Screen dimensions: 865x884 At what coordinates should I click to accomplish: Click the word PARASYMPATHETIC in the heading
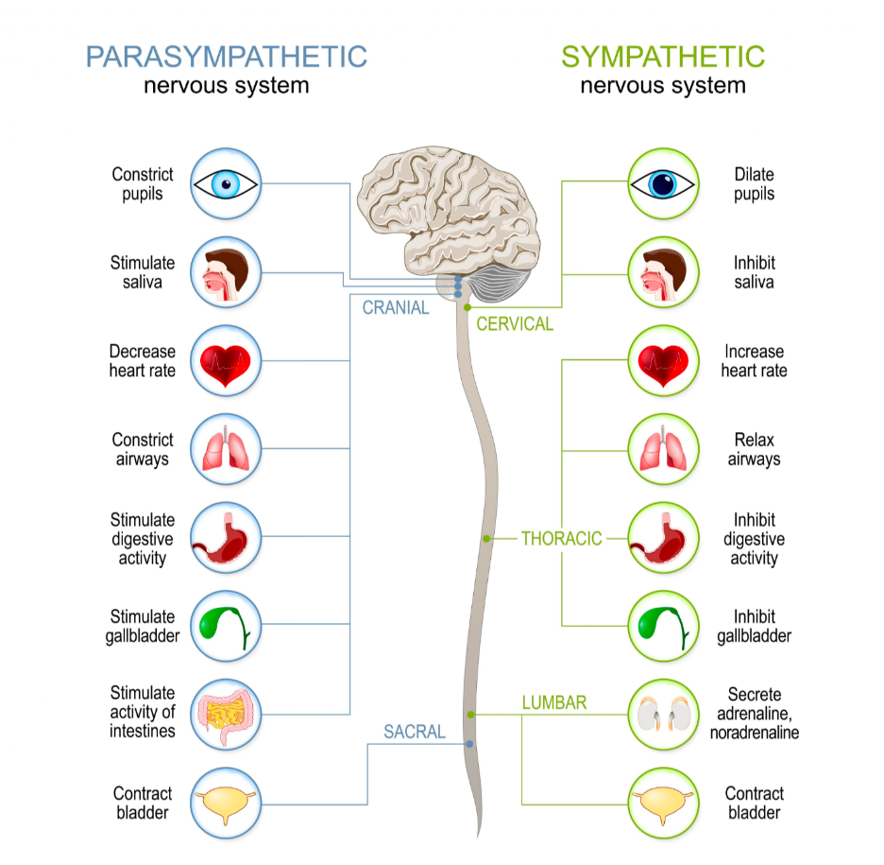[x=226, y=56]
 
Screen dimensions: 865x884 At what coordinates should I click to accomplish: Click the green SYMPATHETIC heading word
[x=663, y=56]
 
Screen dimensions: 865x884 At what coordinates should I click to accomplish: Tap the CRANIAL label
[x=396, y=307]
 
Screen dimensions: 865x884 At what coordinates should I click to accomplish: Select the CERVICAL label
[x=515, y=324]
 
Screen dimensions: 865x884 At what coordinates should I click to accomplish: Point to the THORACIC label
[x=561, y=539]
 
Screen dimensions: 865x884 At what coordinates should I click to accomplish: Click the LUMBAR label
[x=554, y=702]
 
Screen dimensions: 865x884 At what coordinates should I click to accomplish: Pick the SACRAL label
[x=415, y=731]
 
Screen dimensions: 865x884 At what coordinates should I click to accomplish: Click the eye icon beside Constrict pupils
[x=225, y=183]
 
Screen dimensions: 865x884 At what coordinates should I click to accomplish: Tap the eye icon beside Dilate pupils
[x=664, y=183]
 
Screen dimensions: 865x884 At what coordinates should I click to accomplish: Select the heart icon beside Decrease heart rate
[x=225, y=361]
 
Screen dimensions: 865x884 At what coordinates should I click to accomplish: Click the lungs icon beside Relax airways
[x=664, y=450]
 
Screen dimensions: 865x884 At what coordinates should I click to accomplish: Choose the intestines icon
[x=225, y=715]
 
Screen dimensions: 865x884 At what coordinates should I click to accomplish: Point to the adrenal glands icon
[x=664, y=715]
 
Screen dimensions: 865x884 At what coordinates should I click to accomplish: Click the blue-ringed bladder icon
[x=225, y=804]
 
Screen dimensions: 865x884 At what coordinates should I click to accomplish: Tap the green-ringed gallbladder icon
[x=664, y=627]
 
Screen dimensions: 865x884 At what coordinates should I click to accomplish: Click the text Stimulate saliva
[x=142, y=272]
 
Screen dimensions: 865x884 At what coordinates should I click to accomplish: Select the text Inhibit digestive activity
[x=754, y=539]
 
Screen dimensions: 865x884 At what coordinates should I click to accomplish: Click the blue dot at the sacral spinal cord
[x=469, y=744]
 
